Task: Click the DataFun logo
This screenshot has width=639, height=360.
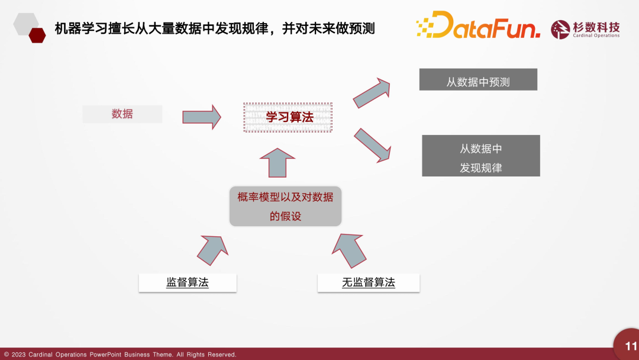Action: (x=478, y=25)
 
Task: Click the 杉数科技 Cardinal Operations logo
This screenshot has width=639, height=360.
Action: (x=585, y=30)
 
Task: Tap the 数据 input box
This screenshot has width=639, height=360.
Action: (x=122, y=114)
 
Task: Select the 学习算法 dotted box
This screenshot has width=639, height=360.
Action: (x=288, y=117)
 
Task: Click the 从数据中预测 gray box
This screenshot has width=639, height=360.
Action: (x=478, y=79)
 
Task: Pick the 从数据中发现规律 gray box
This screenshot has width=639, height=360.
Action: (x=481, y=156)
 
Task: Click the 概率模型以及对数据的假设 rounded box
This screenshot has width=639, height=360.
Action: (x=285, y=206)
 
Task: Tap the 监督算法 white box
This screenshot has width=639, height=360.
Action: (x=188, y=282)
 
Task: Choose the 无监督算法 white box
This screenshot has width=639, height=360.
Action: (x=369, y=282)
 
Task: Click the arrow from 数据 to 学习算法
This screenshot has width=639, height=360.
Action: (x=202, y=117)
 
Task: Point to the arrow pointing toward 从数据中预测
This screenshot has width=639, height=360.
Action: (x=372, y=93)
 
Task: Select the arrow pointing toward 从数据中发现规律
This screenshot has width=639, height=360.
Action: (x=373, y=146)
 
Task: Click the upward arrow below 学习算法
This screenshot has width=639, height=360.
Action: (x=277, y=163)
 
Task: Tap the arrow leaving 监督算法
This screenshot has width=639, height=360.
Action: (x=212, y=250)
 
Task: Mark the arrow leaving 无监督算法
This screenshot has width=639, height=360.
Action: (x=349, y=250)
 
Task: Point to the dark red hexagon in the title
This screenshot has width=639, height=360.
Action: (x=37, y=36)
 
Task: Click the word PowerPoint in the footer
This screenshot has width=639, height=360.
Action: (x=105, y=355)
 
